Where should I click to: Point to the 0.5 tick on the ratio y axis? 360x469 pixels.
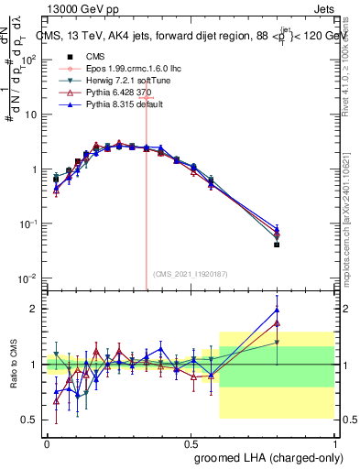[31, 420]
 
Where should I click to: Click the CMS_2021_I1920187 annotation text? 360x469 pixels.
[189, 273]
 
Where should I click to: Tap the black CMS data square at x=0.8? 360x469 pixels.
[277, 245]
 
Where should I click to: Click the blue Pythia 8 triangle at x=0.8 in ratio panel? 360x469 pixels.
[277, 310]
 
